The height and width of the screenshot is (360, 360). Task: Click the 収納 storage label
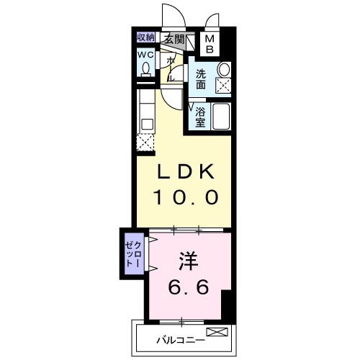pyautogui.click(x=145, y=37)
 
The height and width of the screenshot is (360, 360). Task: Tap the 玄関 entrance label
pyautogui.click(x=174, y=39)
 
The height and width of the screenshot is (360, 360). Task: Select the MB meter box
pyautogui.click(x=210, y=44)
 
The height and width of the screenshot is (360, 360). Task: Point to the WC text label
pyautogui.click(x=145, y=55)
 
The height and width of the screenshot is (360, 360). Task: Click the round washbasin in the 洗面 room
pyautogui.click(x=224, y=69)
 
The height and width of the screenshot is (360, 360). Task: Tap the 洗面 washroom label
pyautogui.click(x=201, y=79)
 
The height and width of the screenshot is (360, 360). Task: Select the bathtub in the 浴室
pyautogui.click(x=221, y=117)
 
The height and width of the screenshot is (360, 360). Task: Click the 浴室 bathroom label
pyautogui.click(x=200, y=117)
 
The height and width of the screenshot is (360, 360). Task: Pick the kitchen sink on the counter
pyautogui.click(x=147, y=125)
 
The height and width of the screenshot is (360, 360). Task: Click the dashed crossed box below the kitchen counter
pyautogui.click(x=145, y=143)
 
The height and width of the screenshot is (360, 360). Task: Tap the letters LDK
pyautogui.click(x=186, y=171)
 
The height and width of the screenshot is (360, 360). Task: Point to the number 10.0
pyautogui.click(x=186, y=197)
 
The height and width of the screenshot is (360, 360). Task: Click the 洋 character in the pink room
pyautogui.click(x=188, y=261)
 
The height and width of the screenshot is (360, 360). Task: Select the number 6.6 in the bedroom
pyautogui.click(x=189, y=287)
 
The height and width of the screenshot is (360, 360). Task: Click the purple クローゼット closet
pyautogui.click(x=134, y=253)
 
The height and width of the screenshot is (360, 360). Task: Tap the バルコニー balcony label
pyautogui.click(x=181, y=340)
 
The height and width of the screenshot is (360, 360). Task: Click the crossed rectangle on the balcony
pyautogui.click(x=217, y=332)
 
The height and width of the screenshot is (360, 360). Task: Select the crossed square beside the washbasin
pyautogui.click(x=223, y=85)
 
